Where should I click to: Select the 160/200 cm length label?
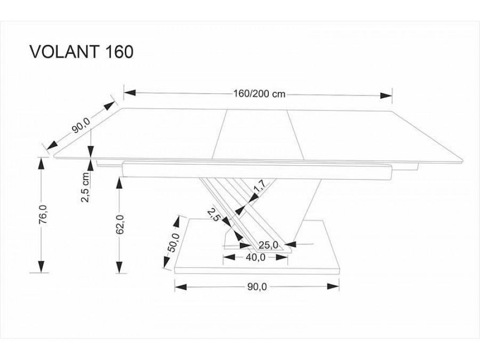pyautogui.click(x=259, y=94)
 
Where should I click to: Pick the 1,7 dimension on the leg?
pyautogui.click(x=259, y=189)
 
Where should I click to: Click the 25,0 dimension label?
pyautogui.click(x=268, y=245)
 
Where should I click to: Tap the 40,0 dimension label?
pyautogui.click(x=255, y=257)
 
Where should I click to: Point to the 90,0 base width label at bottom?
pyautogui.click(x=257, y=286)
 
